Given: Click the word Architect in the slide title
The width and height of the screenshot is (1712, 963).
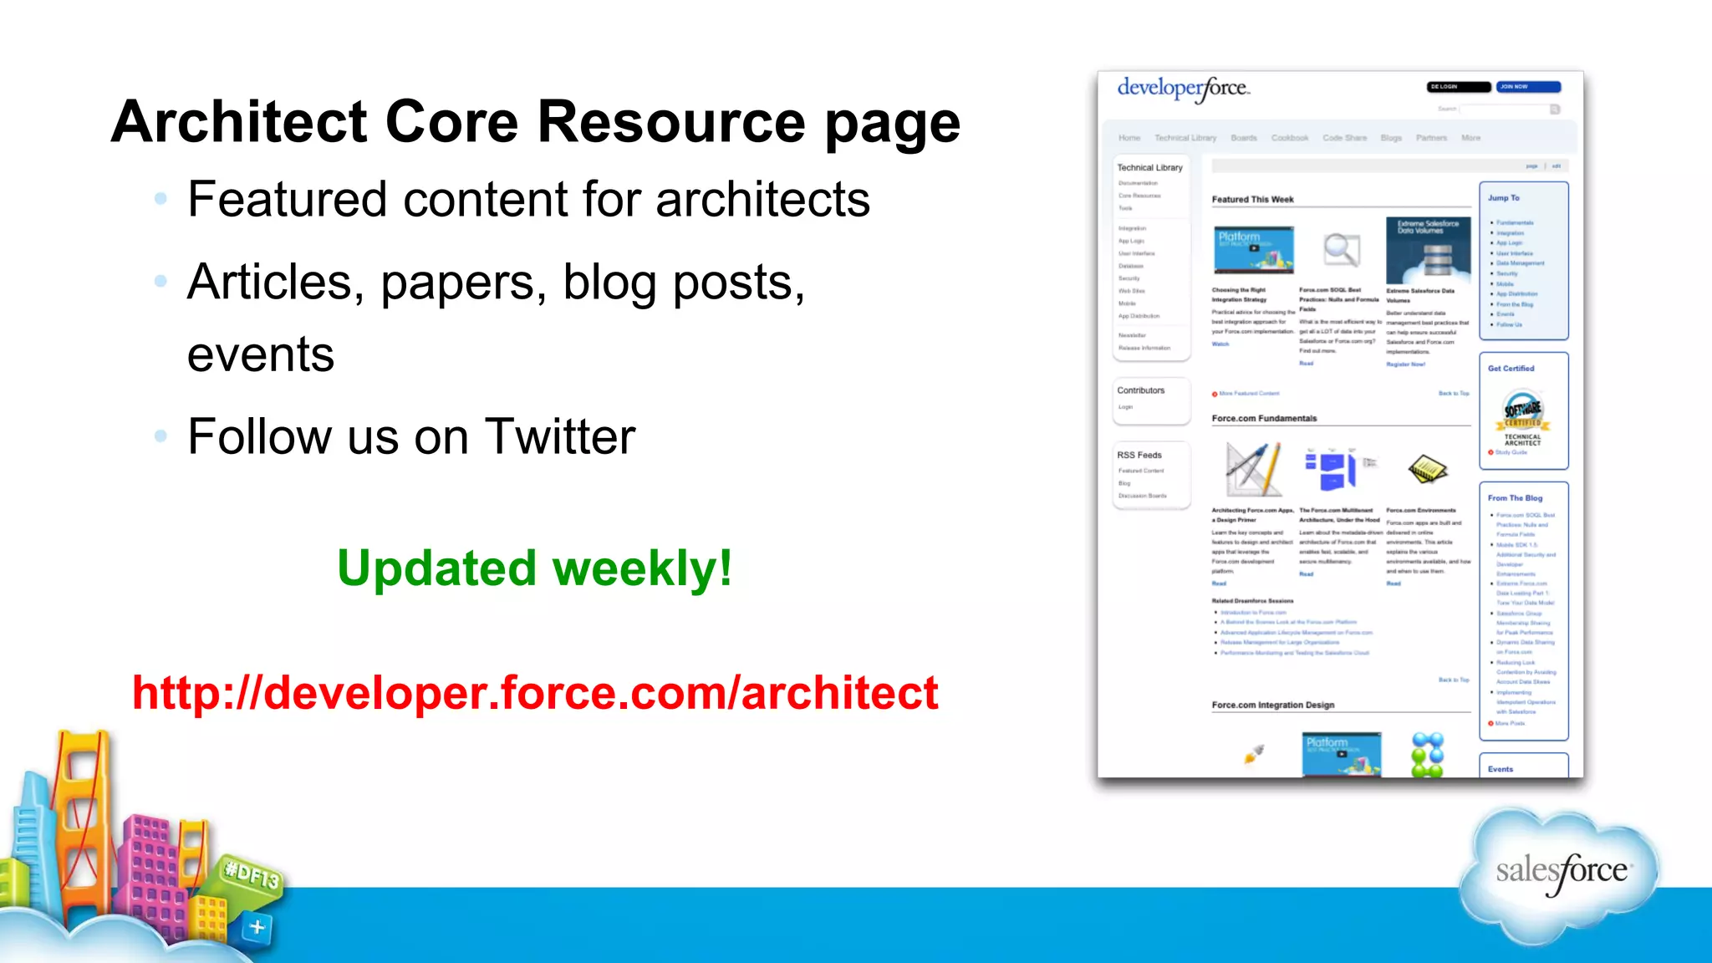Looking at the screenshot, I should (x=239, y=122).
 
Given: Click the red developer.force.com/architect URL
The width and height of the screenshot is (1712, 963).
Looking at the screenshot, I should (x=535, y=693).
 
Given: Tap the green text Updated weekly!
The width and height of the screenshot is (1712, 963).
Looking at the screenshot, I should (x=535, y=569).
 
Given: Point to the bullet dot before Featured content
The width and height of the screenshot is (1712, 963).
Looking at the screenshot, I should (x=160, y=199).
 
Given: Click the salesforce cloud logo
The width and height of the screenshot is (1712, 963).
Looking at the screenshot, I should (x=1560, y=872).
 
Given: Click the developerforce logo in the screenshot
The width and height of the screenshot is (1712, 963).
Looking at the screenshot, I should (x=1183, y=89).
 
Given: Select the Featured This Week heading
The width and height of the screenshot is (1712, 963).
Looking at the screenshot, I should (x=1252, y=200).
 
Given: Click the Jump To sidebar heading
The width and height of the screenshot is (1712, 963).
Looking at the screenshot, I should (x=1503, y=198).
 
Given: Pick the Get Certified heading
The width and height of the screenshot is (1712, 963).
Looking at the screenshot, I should (x=1511, y=369).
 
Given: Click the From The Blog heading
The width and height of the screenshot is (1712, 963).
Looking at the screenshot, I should (x=1515, y=498).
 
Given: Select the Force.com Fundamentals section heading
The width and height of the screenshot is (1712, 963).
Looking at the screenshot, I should (x=1264, y=419).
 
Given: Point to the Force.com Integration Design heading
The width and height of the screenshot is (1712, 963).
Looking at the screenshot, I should (x=1272, y=706).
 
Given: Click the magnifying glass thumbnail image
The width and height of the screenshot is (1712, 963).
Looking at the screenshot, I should (x=1341, y=249).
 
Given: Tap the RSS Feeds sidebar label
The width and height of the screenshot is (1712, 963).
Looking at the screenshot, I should (x=1139, y=456).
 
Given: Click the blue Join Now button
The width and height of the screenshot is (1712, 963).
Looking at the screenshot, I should (x=1527, y=87).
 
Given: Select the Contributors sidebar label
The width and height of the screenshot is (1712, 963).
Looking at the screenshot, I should (x=1140, y=390).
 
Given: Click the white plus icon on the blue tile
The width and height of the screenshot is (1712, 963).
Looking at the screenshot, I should (x=257, y=927).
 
